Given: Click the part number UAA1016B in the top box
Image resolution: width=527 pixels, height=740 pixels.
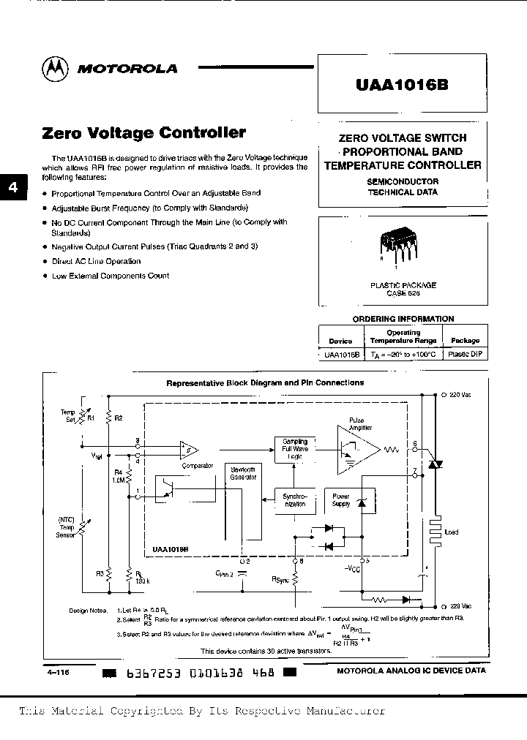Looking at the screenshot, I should [x=402, y=83].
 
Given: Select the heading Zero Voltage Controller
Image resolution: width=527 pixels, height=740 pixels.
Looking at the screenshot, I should [x=144, y=133].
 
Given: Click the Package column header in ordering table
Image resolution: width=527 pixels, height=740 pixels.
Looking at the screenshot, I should [x=465, y=340].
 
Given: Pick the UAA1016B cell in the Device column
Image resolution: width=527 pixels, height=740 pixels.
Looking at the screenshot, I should [x=340, y=354].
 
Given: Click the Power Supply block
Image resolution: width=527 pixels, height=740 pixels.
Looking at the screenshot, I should [x=342, y=499].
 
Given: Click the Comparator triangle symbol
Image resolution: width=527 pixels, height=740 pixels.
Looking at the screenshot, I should [x=187, y=448].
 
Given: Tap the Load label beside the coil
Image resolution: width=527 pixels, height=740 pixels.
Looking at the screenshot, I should [x=452, y=532].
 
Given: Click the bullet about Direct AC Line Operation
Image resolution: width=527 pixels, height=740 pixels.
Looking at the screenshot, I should [x=96, y=261].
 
